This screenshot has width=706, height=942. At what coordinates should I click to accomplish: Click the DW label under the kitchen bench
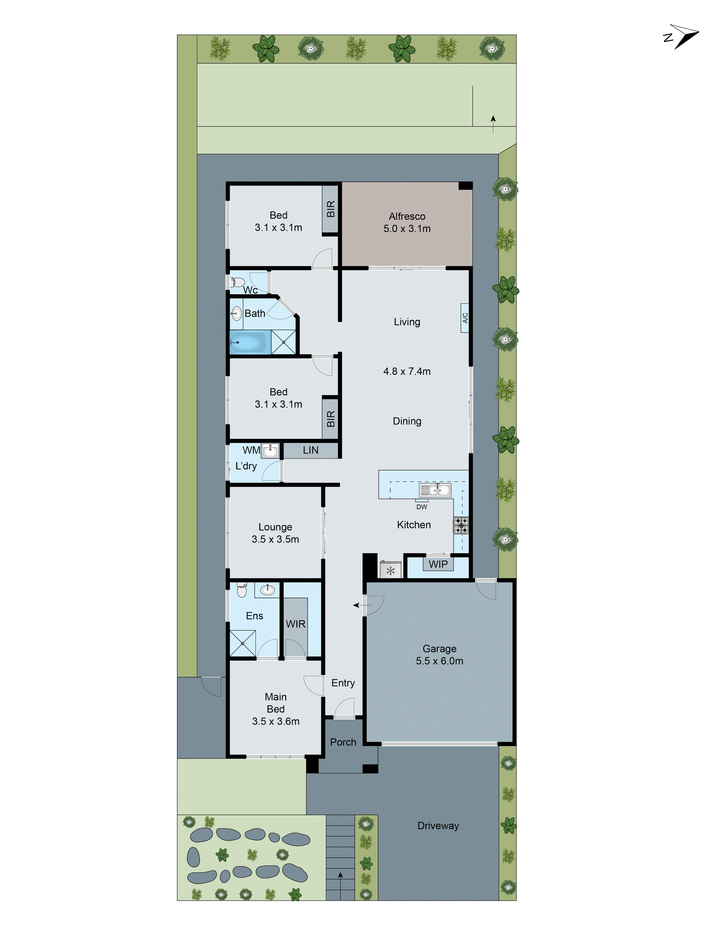coord(421,507)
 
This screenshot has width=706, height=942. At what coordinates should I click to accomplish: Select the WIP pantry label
coord(438,564)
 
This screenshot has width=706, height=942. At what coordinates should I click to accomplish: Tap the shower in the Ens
coord(243,643)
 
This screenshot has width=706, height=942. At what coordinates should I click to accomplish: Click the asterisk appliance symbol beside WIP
coord(390,571)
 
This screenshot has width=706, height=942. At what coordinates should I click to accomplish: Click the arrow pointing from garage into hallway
coord(361,605)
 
